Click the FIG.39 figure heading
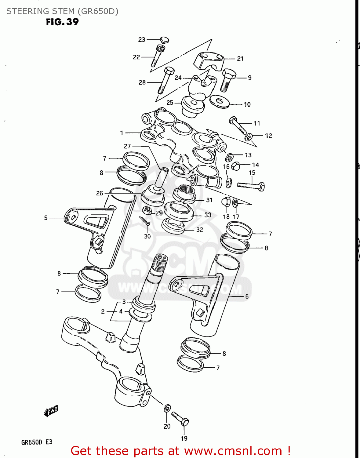pos(62,22)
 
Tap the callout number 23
pos(142,40)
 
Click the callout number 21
pos(240,59)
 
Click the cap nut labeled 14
pos(235,166)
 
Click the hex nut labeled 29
pos(147,210)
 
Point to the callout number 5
pos(46,218)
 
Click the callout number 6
pos(247,296)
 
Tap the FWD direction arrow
pos(51,411)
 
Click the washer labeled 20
pos(167,408)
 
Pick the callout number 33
pos(208,215)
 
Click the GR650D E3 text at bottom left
pos(37,442)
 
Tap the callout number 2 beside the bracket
pos(103,311)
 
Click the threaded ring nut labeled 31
pos(184,193)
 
